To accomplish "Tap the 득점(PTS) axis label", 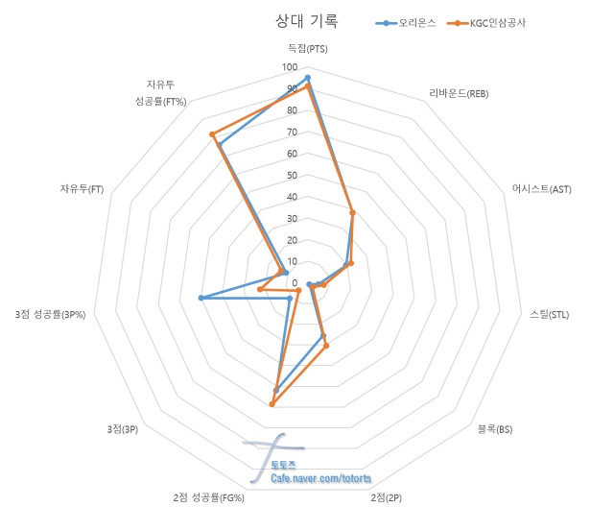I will click(307, 48).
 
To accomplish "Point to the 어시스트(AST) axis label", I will click(541, 189).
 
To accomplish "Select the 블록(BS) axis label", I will click(495, 429).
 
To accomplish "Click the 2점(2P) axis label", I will click(386, 497).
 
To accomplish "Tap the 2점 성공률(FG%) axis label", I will click(209, 497).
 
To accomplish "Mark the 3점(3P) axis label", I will click(122, 429).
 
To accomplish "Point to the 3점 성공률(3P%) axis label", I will click(51, 314).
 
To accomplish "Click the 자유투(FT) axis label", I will click(82, 189).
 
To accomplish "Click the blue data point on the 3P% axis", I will click(200, 299).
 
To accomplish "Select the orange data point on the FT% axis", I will click(212, 133).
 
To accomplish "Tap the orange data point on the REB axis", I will click(352, 212).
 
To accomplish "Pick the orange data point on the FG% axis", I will click(272, 404).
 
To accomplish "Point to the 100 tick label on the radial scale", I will click(290, 68).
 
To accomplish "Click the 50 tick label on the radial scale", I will click(292, 176).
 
